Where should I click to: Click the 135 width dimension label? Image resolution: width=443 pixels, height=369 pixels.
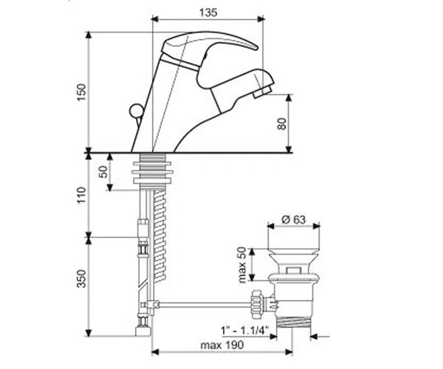208,13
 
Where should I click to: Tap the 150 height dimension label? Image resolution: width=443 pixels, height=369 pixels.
81,92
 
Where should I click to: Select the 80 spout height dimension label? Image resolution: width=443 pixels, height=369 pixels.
282,123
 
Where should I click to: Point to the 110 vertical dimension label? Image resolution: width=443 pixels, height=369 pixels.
81,195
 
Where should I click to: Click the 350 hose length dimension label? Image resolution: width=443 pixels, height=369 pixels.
81,278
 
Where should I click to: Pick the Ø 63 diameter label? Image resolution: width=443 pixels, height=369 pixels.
294,219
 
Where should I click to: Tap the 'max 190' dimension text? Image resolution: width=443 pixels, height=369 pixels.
221,345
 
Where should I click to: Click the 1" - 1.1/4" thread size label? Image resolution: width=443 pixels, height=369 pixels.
244,330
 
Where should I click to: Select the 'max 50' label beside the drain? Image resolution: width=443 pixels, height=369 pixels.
242,264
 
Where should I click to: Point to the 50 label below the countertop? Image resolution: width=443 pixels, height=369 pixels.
103,172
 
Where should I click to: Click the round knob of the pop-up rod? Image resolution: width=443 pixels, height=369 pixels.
136,111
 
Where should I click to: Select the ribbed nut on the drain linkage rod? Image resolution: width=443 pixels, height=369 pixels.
258,304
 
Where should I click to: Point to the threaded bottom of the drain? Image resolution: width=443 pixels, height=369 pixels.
293,322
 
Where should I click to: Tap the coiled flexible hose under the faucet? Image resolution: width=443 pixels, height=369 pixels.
160,235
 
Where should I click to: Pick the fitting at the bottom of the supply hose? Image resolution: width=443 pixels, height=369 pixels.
143,331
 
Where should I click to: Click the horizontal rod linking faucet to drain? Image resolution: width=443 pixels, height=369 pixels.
205,305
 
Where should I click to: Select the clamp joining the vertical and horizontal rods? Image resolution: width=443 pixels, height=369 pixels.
150,305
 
